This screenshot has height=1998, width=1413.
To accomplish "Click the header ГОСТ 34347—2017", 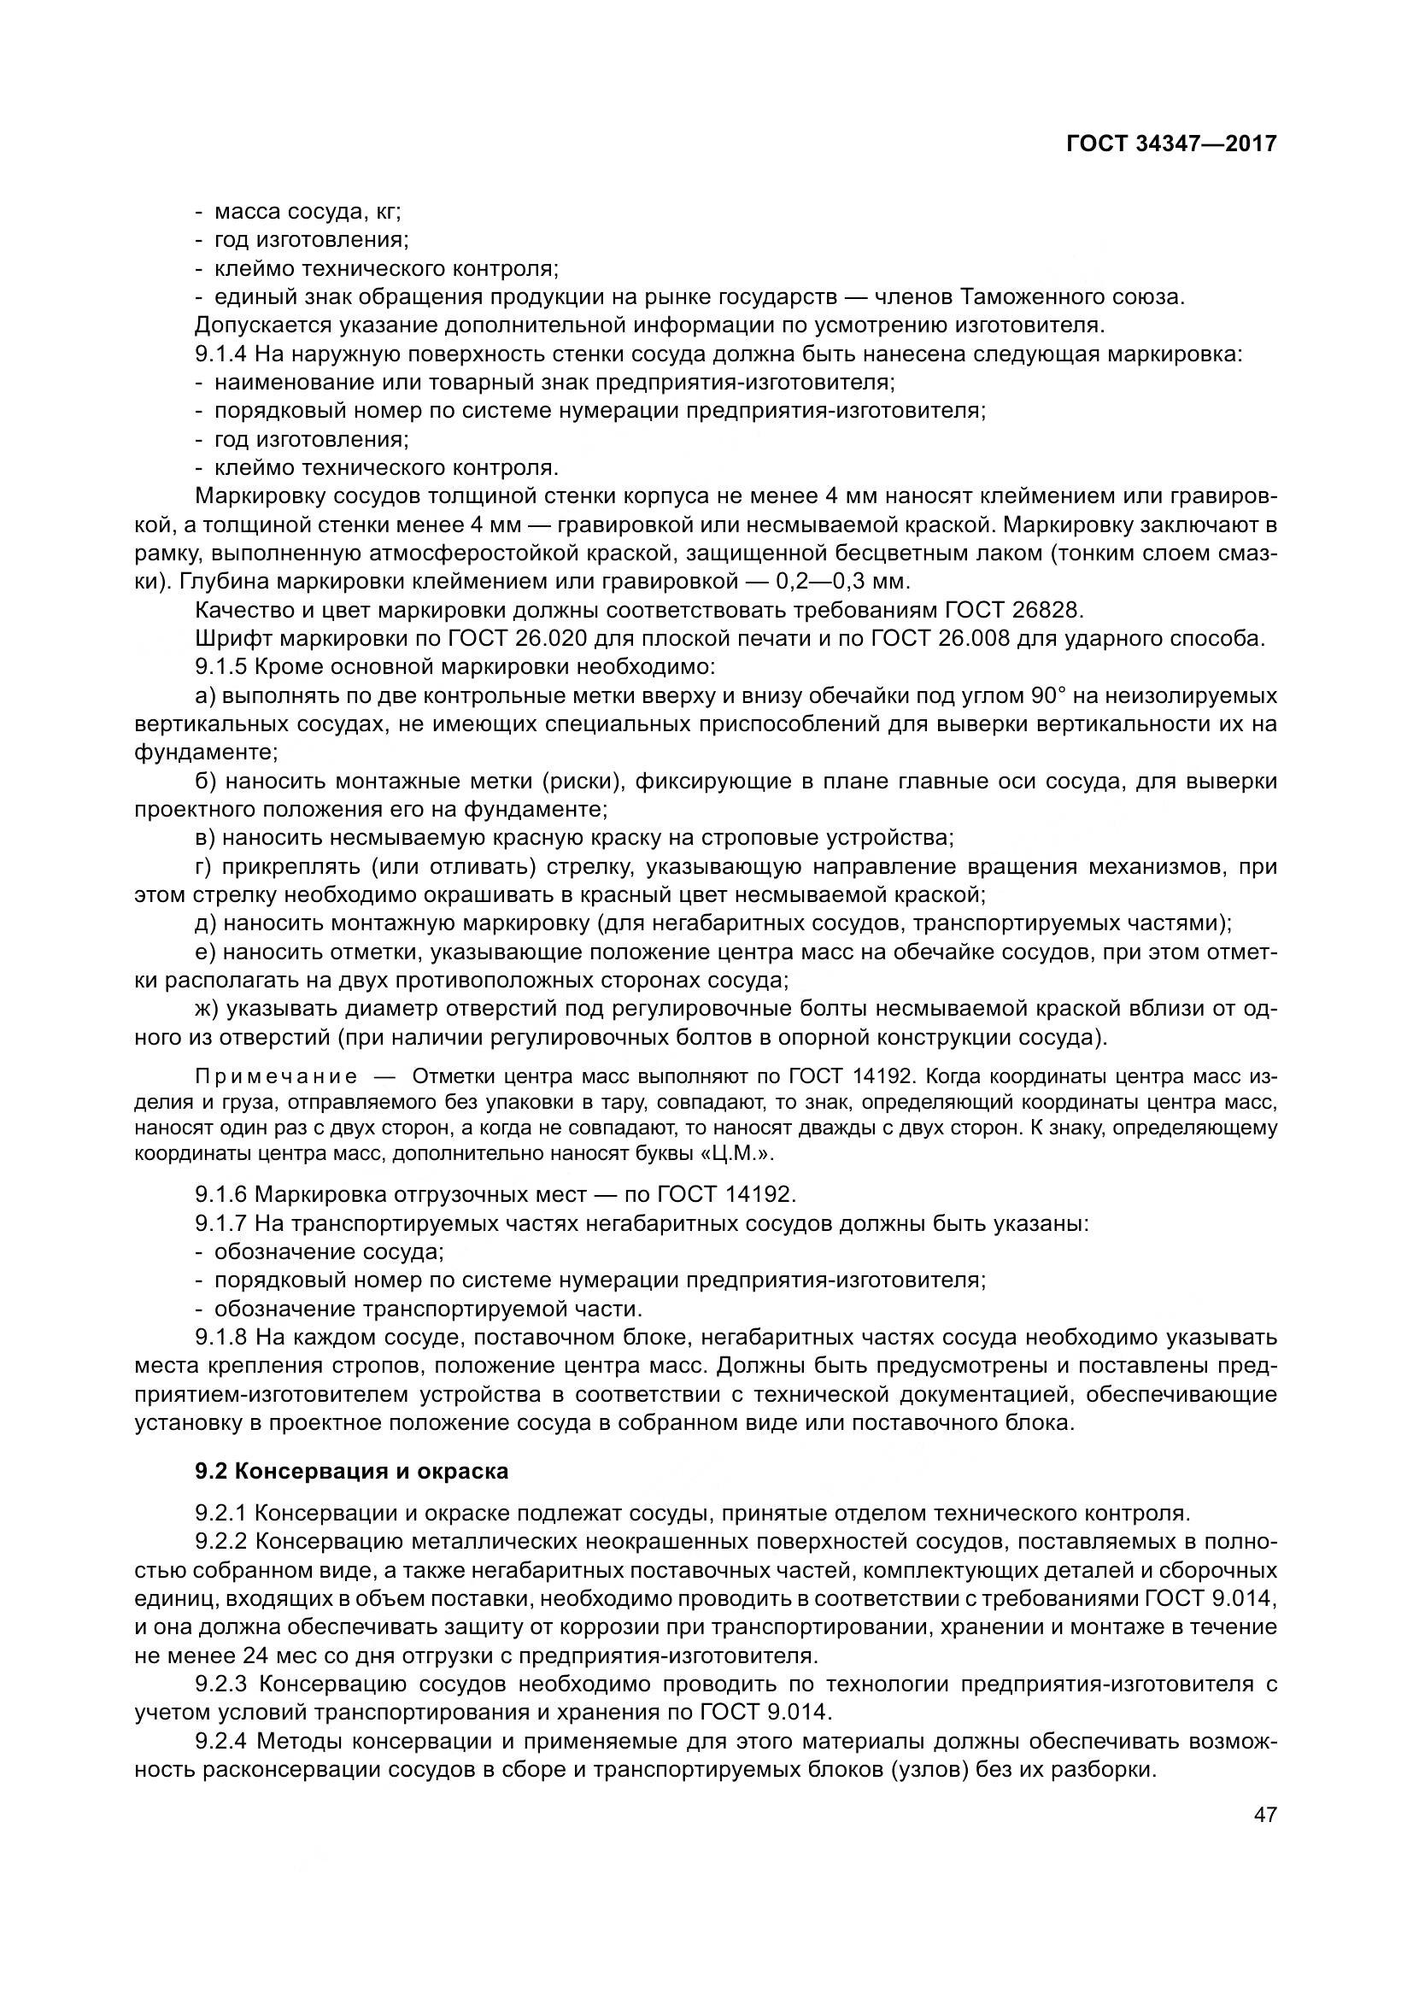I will pyautogui.click(x=1171, y=144).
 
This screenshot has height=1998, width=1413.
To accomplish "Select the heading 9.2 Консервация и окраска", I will pyautogui.click(x=351, y=1472).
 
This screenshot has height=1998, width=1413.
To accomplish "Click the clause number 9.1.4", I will pyautogui.click(x=222, y=354).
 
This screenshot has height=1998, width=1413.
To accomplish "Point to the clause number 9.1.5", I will pyautogui.click(x=222, y=667).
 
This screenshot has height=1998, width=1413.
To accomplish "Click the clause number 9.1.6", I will pyautogui.click(x=222, y=1193).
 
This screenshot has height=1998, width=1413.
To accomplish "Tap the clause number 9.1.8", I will pyautogui.click(x=222, y=1337).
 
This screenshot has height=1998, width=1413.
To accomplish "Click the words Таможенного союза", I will pyautogui.click(x=1072, y=296).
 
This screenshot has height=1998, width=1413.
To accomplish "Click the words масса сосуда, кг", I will pyautogui.click(x=308, y=212).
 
